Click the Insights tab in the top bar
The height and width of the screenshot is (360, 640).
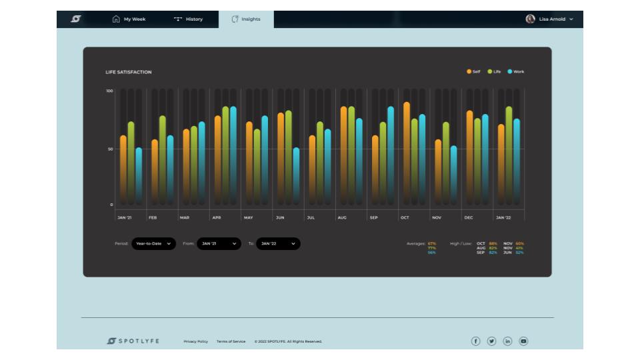click(246, 19)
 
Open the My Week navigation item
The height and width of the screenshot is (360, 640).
click(129, 19)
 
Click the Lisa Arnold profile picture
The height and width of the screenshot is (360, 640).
click(530, 19)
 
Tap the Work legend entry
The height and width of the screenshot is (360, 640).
click(515, 71)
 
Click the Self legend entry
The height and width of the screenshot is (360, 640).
click(473, 71)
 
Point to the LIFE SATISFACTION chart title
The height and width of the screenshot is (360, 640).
click(129, 72)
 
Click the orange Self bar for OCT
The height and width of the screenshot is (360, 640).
click(407, 153)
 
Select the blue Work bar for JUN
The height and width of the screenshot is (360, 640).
click(296, 176)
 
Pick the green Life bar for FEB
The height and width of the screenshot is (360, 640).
click(162, 160)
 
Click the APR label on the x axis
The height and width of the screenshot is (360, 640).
click(217, 218)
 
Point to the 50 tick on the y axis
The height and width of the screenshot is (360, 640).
click(110, 149)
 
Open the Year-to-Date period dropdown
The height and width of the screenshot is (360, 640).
click(153, 244)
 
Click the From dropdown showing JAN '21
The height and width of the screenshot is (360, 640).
click(218, 244)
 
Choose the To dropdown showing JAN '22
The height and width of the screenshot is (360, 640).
click(277, 244)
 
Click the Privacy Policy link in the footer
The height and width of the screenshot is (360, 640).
click(196, 341)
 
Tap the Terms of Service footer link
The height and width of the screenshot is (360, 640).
click(231, 341)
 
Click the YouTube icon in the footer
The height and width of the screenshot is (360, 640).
click(523, 341)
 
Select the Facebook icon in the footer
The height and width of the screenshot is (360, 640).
click(476, 341)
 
